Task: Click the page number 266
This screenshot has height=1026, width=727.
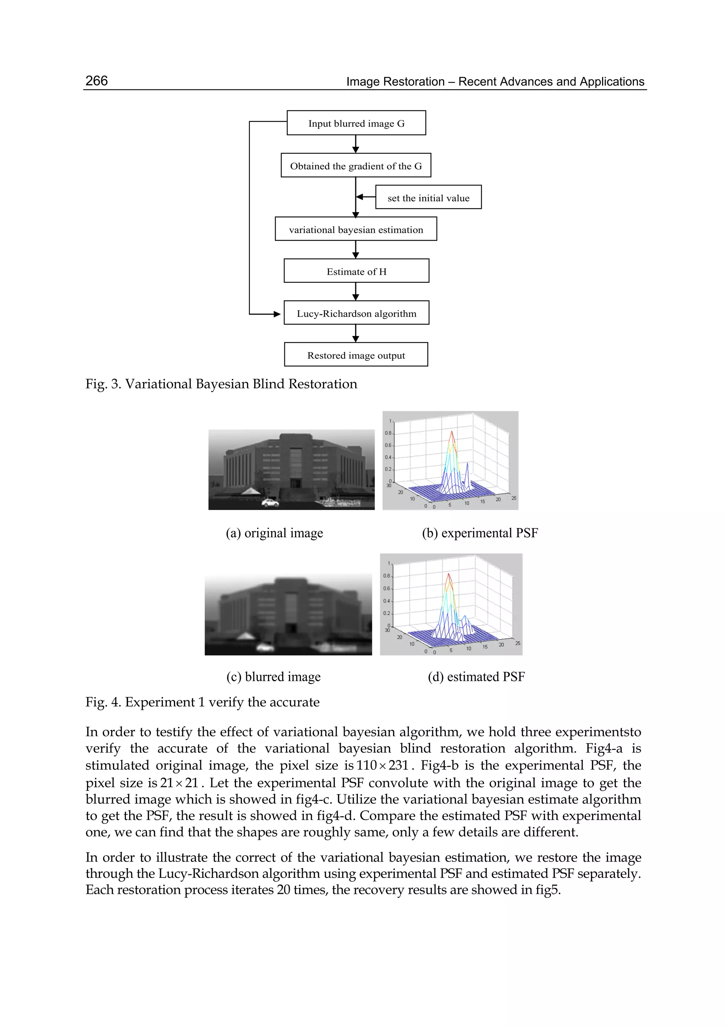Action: pyautogui.click(x=96, y=81)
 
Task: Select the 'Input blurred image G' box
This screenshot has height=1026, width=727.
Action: pyautogui.click(x=356, y=123)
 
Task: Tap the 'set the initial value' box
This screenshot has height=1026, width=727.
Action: pyautogui.click(x=428, y=197)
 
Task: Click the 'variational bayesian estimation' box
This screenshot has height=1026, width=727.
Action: pyautogui.click(x=356, y=229)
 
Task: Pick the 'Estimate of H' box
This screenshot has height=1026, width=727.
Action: pyautogui.click(x=356, y=271)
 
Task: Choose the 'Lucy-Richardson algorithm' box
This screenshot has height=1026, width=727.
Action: pyautogui.click(x=356, y=313)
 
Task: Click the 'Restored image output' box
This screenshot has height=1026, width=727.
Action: pyautogui.click(x=356, y=355)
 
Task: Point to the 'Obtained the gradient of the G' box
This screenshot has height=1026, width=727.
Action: pyautogui.click(x=356, y=166)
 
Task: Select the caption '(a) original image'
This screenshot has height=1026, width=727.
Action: pyautogui.click(x=274, y=533)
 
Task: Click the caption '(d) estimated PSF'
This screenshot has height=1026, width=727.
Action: pyautogui.click(x=476, y=676)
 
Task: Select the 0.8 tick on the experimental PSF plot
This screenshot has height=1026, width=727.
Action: pyautogui.click(x=388, y=433)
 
